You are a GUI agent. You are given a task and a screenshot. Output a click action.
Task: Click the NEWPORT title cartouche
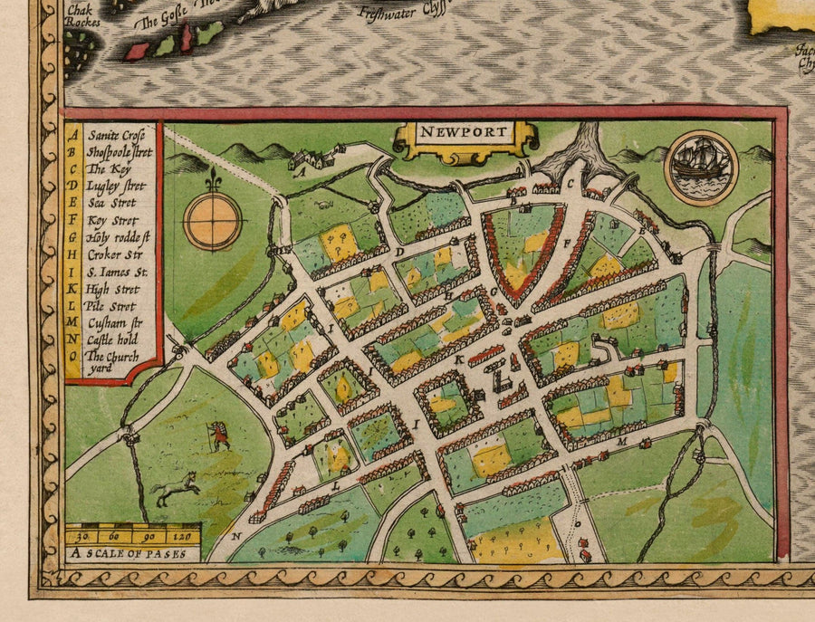[465, 139]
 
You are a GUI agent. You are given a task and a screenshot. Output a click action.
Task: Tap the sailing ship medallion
[701, 167]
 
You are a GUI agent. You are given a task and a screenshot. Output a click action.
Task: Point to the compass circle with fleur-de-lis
[213, 221]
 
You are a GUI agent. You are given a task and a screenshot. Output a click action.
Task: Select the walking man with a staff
[218, 435]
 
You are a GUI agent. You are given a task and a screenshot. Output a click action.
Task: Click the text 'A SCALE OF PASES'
[132, 552]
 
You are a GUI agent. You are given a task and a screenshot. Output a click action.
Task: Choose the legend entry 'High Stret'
[113, 289]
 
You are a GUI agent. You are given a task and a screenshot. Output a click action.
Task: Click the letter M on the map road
[621, 441]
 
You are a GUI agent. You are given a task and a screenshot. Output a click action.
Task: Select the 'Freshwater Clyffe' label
[404, 13]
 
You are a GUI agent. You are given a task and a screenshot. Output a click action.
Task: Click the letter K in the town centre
[460, 359]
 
